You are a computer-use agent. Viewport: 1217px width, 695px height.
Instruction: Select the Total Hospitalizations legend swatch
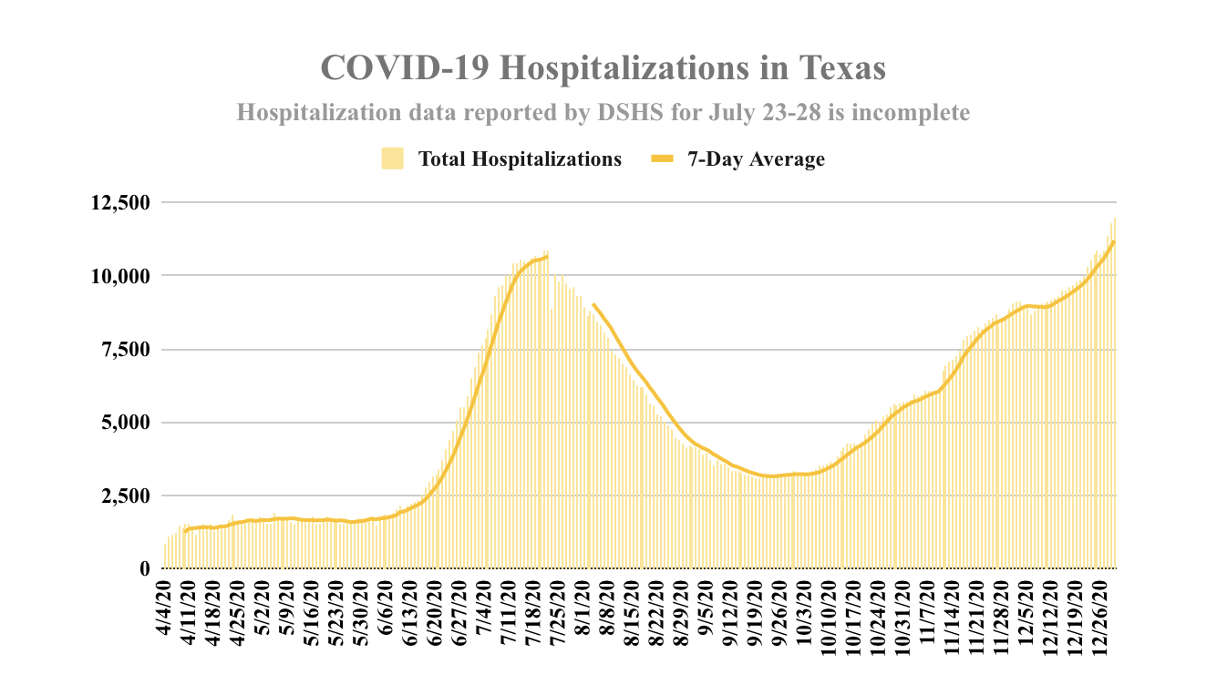click(392, 159)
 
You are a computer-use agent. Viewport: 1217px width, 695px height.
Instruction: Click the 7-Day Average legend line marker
click(661, 159)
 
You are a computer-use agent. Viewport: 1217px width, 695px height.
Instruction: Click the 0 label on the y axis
click(144, 569)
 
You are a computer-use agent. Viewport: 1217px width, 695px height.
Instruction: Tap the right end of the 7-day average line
click(1114, 241)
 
